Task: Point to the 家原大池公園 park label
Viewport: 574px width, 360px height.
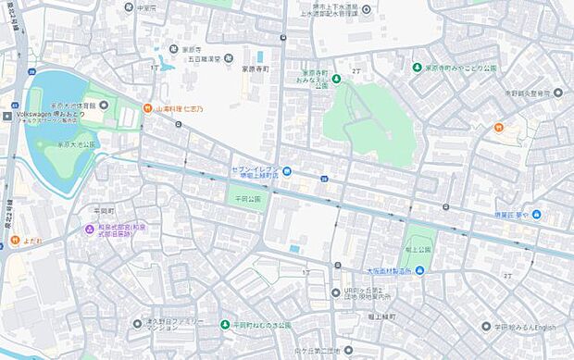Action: coord(77,145)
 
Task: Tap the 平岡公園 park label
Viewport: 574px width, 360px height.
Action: coord(247,198)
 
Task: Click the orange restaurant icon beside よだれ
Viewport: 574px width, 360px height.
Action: coord(16,241)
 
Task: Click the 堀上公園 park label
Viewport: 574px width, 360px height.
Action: coord(418,250)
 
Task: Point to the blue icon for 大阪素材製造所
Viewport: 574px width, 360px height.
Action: coord(420,270)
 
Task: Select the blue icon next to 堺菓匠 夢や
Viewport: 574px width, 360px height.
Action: coord(537,216)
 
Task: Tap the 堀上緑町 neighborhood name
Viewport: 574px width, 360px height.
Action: coord(380,317)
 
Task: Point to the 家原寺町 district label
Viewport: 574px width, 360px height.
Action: coord(255,68)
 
